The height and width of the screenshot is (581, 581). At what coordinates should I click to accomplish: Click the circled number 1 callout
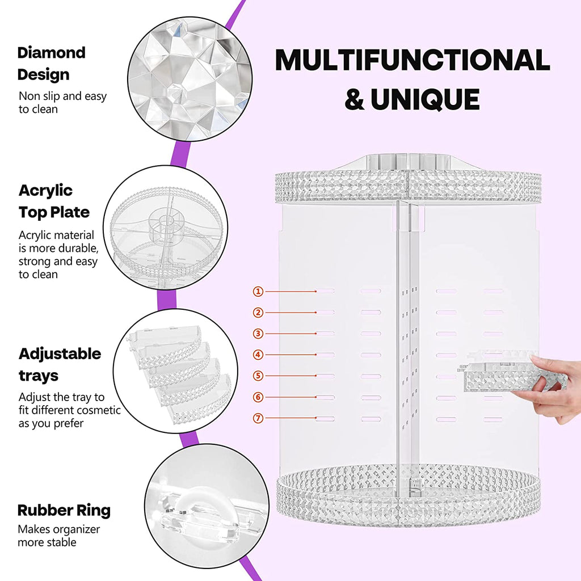tap(258, 292)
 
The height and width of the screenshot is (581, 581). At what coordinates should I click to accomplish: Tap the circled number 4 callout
tap(258, 355)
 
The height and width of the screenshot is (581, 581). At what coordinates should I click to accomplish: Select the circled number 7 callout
tap(258, 418)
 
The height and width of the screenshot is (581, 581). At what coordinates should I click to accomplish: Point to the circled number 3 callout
tap(258, 334)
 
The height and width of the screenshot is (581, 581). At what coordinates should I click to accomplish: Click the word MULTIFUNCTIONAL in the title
tap(412, 61)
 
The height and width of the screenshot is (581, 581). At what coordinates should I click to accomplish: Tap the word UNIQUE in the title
tap(425, 99)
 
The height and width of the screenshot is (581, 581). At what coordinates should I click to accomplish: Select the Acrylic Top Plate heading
tap(54, 201)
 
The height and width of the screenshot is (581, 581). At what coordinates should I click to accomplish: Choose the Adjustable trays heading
tap(60, 364)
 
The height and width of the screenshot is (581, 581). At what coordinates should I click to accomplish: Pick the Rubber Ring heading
tap(64, 510)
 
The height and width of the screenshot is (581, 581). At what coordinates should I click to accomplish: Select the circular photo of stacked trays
tap(175, 372)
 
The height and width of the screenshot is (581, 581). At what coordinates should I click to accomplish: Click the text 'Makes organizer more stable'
tap(58, 536)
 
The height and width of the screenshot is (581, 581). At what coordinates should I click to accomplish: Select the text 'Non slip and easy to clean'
tap(62, 103)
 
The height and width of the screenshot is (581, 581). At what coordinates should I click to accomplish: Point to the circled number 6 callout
tap(258, 397)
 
